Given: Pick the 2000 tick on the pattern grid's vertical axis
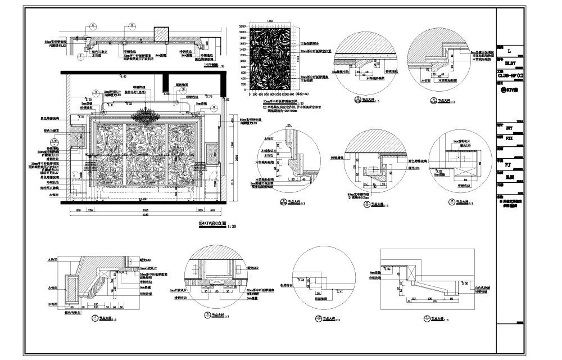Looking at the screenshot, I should [243, 33].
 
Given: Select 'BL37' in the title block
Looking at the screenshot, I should [510, 64].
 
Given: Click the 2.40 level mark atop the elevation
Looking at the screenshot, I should [120, 76].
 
